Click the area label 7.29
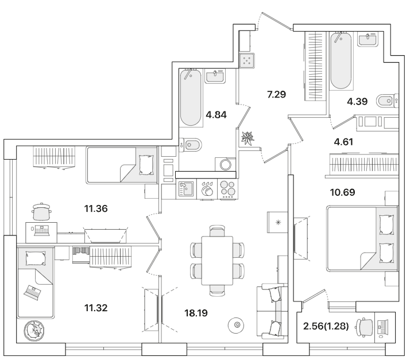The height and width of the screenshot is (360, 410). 276,94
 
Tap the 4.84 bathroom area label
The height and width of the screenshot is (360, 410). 216,114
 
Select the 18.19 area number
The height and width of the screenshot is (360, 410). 196,313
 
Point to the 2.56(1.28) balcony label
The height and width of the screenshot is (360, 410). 326,326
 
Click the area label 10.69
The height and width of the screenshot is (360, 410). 342,192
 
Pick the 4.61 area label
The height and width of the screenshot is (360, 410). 343,142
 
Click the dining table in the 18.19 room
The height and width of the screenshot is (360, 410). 217,261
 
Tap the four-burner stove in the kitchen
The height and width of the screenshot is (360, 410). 228,189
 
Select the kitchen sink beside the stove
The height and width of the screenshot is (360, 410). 186,189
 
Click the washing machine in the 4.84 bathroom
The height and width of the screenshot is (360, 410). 226,164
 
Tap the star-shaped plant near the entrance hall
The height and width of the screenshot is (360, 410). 247,138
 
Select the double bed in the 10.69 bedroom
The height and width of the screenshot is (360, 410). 362,238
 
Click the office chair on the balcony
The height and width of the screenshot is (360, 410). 364,327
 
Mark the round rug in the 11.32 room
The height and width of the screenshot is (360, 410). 34,331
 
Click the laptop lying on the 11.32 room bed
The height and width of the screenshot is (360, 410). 32,292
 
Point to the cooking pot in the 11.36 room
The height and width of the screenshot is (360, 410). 41,211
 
